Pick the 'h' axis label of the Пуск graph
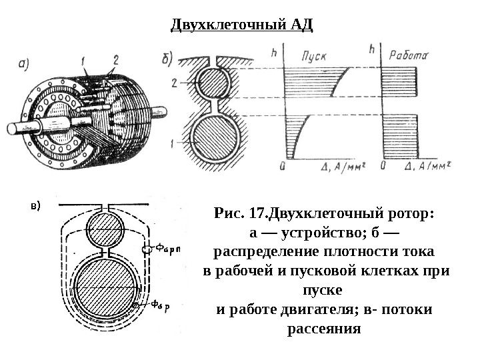(x=275, y=50)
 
